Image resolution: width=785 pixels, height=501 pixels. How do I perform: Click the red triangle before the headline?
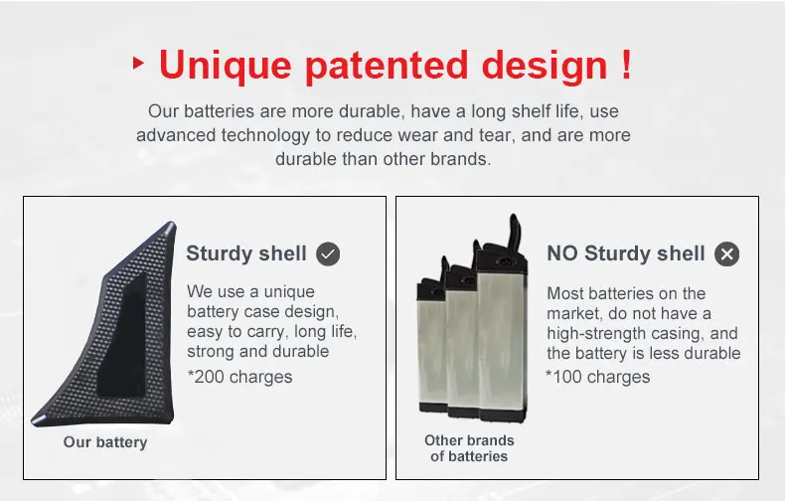coord(138,64)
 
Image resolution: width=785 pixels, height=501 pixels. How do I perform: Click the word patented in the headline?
coord(387,67)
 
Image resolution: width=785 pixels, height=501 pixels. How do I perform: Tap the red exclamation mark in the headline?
coord(626,64)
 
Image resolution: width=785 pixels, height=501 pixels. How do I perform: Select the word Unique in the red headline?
coord(226,67)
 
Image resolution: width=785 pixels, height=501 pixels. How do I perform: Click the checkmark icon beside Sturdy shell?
coord(328,254)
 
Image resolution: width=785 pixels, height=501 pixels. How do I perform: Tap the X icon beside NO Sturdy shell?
coord(727,254)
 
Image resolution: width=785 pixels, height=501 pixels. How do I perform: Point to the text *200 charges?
coord(239,377)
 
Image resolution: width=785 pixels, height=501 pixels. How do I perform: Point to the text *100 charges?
coord(598,377)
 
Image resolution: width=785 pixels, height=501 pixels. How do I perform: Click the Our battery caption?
coord(105,442)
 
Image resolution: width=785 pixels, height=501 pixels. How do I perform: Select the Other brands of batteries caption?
coord(469,448)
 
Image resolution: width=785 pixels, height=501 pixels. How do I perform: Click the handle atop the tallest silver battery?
coord(513,233)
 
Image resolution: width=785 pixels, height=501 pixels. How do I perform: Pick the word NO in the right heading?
coord(562,253)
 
